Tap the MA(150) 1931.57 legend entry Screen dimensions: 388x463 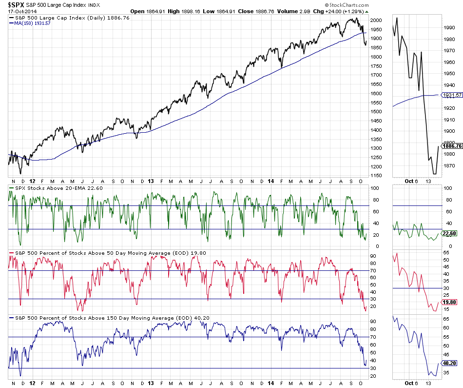click(x=32, y=23)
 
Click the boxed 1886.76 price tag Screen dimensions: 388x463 click(x=451, y=145)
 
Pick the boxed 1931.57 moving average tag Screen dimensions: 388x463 click(x=451, y=95)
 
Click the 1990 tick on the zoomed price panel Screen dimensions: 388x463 click(x=449, y=28)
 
